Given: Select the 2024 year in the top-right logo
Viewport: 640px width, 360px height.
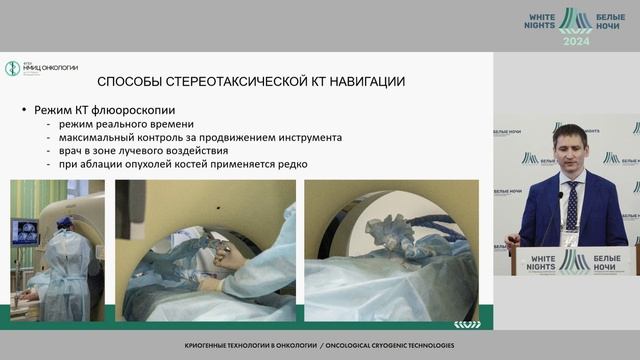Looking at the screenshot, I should click(x=576, y=41).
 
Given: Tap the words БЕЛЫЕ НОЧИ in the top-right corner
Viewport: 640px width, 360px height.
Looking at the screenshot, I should click(x=610, y=22).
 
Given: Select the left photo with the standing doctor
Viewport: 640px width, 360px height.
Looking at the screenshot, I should click(x=56, y=250).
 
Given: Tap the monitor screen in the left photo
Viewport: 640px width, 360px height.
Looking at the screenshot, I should click(x=25, y=232).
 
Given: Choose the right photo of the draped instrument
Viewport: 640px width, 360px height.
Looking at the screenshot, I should click(x=390, y=250).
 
